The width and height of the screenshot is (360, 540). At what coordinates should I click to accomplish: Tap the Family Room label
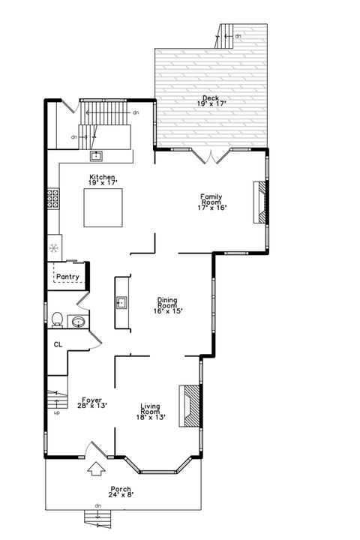pyautogui.click(x=211, y=201)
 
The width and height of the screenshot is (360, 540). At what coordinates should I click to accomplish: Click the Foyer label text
pyautogui.click(x=91, y=403)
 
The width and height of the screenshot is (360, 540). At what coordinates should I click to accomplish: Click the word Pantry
pyautogui.click(x=67, y=277)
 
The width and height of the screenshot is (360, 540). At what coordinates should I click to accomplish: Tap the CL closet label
pyautogui.click(x=58, y=344)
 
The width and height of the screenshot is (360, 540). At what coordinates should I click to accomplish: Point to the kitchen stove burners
pyautogui.click(x=52, y=198)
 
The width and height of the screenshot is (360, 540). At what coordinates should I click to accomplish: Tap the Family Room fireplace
pyautogui.click(x=259, y=202)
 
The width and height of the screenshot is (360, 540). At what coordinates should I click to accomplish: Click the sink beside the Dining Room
pyautogui.click(x=121, y=303)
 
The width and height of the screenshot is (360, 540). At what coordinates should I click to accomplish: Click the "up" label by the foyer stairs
pyautogui.click(x=56, y=412)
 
